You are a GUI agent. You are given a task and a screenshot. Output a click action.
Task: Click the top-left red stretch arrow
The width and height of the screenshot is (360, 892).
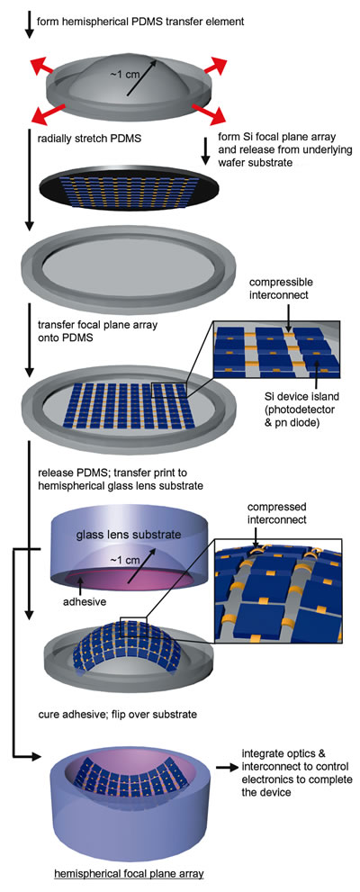point(42,65)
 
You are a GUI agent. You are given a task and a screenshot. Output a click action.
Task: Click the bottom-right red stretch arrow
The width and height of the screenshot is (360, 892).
point(210,113)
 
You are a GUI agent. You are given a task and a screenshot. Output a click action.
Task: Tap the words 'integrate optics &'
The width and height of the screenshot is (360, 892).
point(275,753)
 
